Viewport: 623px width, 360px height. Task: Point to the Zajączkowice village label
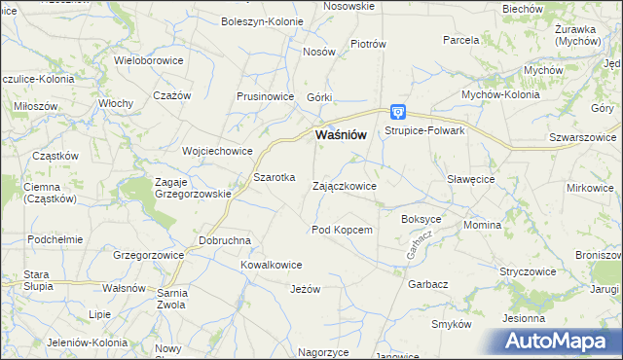pyautogui.click(x=345, y=185)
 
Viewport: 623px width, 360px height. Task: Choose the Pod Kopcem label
pyautogui.click(x=342, y=230)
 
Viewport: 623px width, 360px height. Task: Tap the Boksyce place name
pyautogui.click(x=421, y=220)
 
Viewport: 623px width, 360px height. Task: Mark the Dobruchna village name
pyautogui.click(x=225, y=240)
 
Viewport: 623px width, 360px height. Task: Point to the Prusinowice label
pyautogui.click(x=266, y=97)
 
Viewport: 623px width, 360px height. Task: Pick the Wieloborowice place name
pyautogui.click(x=150, y=59)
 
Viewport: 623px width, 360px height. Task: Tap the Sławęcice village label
pyautogui.click(x=471, y=180)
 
